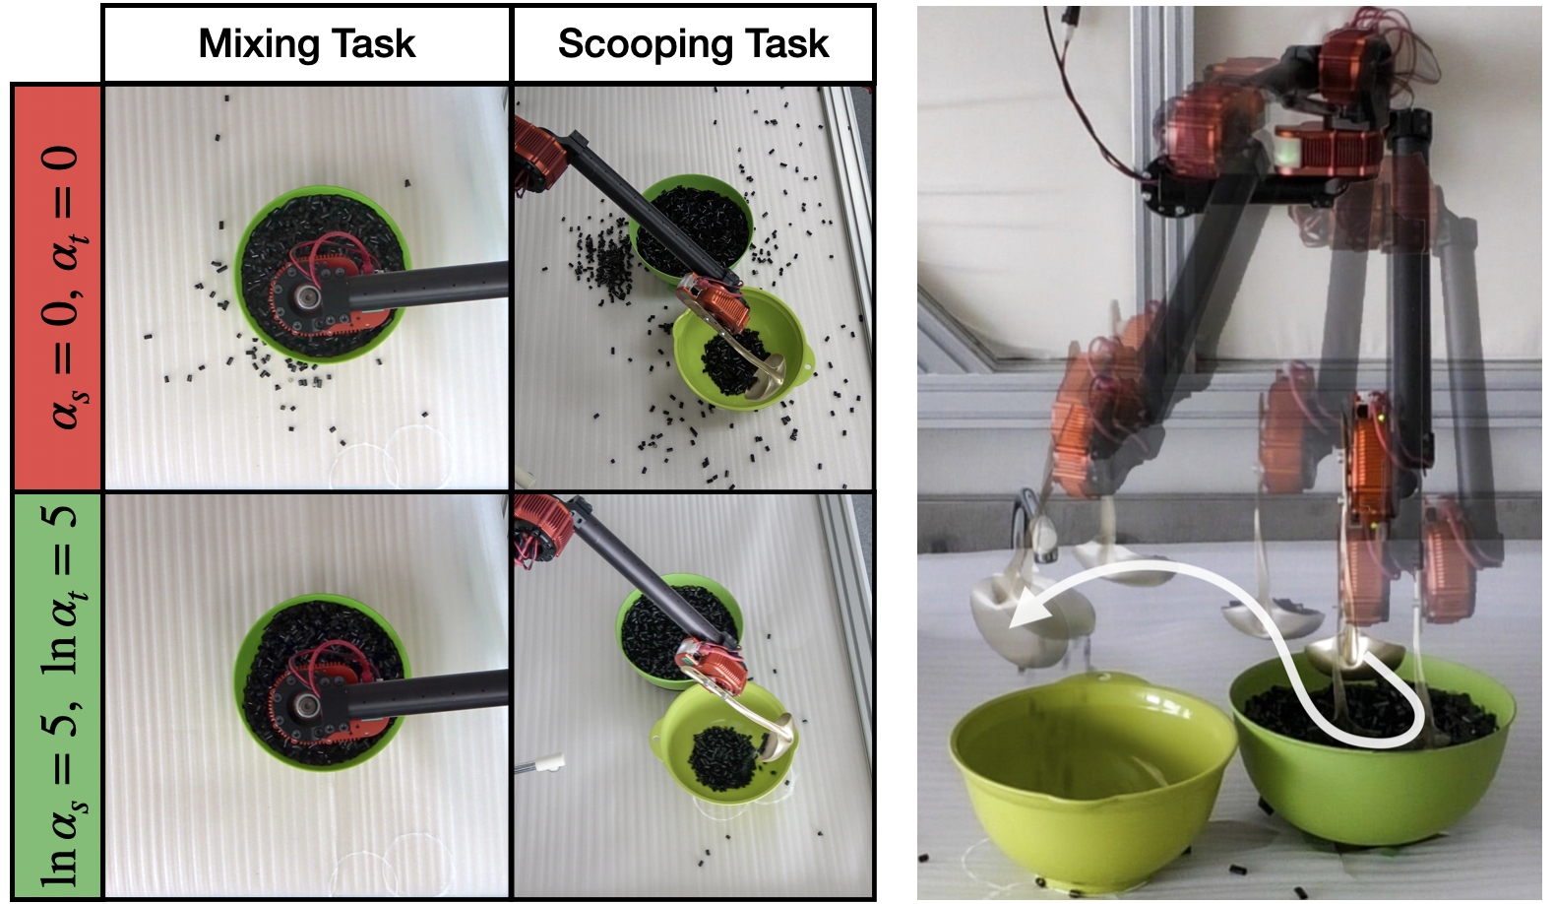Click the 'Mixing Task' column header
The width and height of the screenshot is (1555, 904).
tap(307, 43)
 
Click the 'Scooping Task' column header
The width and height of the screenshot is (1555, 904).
tap(693, 43)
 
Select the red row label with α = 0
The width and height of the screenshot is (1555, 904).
tap(57, 287)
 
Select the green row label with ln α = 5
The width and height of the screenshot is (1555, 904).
tap(57, 695)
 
